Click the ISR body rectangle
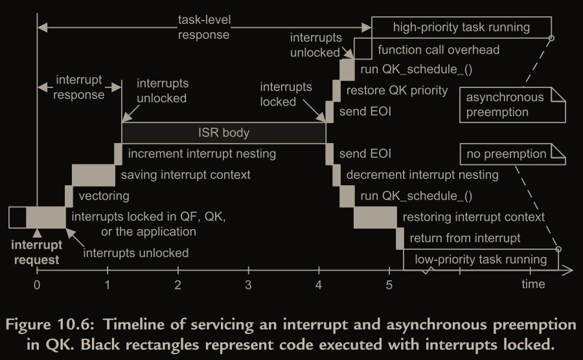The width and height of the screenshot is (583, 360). [x=223, y=133]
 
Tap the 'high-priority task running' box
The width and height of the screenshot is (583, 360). [x=461, y=27]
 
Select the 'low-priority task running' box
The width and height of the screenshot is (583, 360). [x=479, y=260]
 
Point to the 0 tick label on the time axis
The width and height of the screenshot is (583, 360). [x=37, y=285]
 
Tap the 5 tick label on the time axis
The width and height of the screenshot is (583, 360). [x=389, y=285]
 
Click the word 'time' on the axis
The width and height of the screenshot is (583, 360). [x=534, y=284]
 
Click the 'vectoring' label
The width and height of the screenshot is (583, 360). [x=104, y=196]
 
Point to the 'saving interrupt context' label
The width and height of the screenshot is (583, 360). [x=185, y=175]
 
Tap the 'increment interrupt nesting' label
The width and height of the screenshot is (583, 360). [x=202, y=154]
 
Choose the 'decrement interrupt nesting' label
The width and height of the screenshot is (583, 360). [x=422, y=175]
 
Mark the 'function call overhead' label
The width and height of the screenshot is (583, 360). [x=439, y=49]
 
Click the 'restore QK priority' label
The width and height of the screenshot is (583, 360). [x=397, y=91]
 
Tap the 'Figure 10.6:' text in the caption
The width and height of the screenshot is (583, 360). [x=71, y=323]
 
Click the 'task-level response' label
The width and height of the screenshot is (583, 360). [x=203, y=27]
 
